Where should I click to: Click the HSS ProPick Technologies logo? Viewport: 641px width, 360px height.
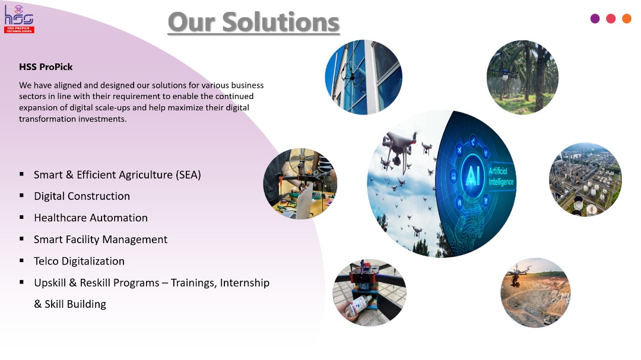[19, 19]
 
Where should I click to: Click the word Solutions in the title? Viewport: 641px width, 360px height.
[281, 22]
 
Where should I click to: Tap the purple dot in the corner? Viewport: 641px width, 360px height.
[595, 18]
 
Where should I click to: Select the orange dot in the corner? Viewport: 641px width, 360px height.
[627, 18]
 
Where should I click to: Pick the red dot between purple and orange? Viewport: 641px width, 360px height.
[611, 18]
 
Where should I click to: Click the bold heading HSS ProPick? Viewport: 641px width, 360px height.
[46, 67]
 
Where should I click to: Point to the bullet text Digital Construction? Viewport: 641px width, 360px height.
[82, 196]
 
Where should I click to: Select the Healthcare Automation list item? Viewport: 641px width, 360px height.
[91, 218]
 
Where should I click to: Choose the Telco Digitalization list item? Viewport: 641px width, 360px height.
[80, 261]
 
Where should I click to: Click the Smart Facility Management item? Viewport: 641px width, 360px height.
[100, 240]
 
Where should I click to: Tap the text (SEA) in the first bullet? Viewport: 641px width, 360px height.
[189, 175]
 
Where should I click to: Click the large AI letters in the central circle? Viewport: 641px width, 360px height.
[472, 176]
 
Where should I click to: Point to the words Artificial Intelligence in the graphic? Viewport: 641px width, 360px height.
[501, 176]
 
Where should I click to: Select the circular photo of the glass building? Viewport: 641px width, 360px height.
[363, 77]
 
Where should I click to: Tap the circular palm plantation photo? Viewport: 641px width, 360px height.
[522, 77]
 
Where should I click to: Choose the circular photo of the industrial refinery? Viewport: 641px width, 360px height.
[585, 180]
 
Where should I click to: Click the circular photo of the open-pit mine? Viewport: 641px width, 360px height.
[535, 292]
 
